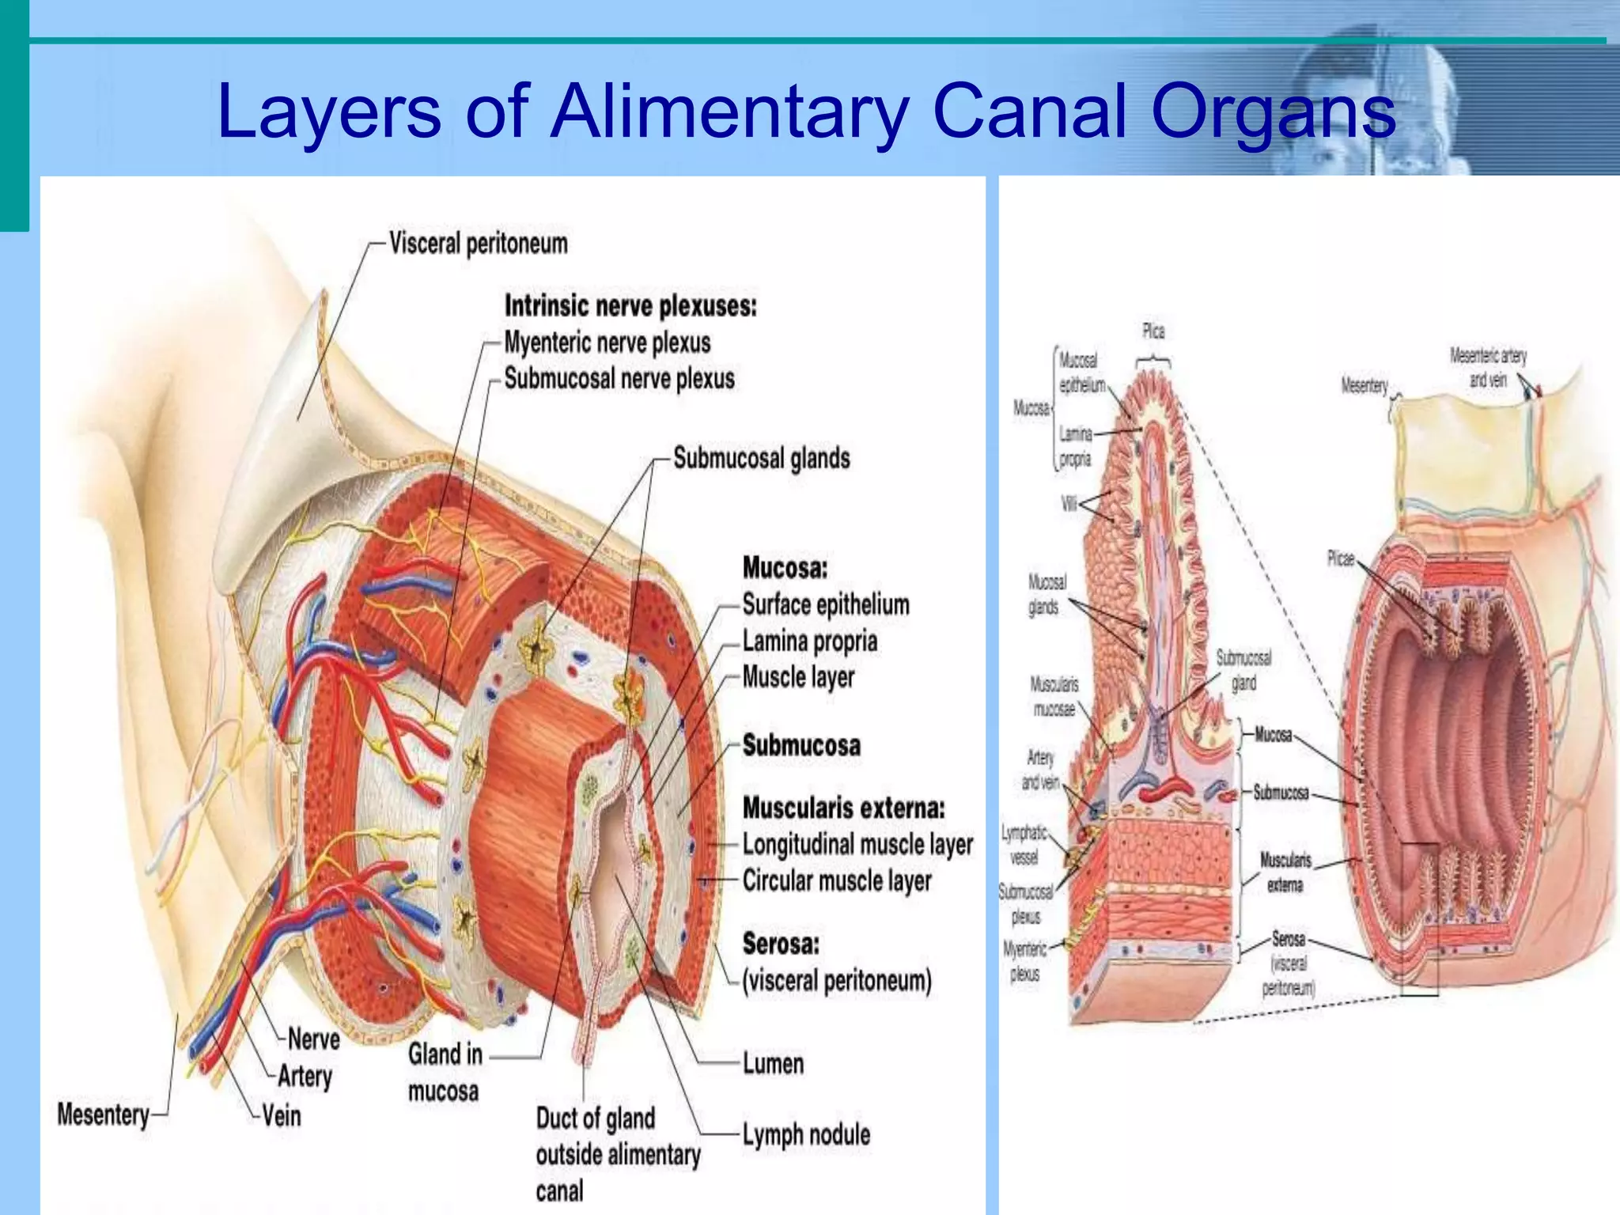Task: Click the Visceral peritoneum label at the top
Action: pyautogui.click(x=478, y=244)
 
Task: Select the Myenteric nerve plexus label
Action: pyautogui.click(x=607, y=343)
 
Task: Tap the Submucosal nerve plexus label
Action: pyautogui.click(x=619, y=379)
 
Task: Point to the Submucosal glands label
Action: pyautogui.click(x=761, y=458)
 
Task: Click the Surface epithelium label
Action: pyautogui.click(x=825, y=605)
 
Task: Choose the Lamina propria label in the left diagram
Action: pyautogui.click(x=809, y=641)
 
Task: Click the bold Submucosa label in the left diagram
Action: pyautogui.click(x=801, y=745)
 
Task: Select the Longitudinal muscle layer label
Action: pyautogui.click(x=857, y=845)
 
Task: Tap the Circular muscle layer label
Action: pyautogui.click(x=836, y=880)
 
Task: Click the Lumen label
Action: pyautogui.click(x=773, y=1064)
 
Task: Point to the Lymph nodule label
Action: pyautogui.click(x=805, y=1134)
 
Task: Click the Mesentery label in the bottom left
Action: pyautogui.click(x=103, y=1115)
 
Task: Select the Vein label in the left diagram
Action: pyautogui.click(x=282, y=1116)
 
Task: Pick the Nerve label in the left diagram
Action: pyautogui.click(x=313, y=1039)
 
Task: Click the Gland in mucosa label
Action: pyautogui.click(x=445, y=1073)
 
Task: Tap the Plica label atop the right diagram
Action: pyautogui.click(x=1153, y=331)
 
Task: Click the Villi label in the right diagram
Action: pyautogui.click(x=1069, y=503)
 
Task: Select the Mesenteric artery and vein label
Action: pyautogui.click(x=1487, y=368)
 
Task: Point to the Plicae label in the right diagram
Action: pyautogui.click(x=1340, y=558)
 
